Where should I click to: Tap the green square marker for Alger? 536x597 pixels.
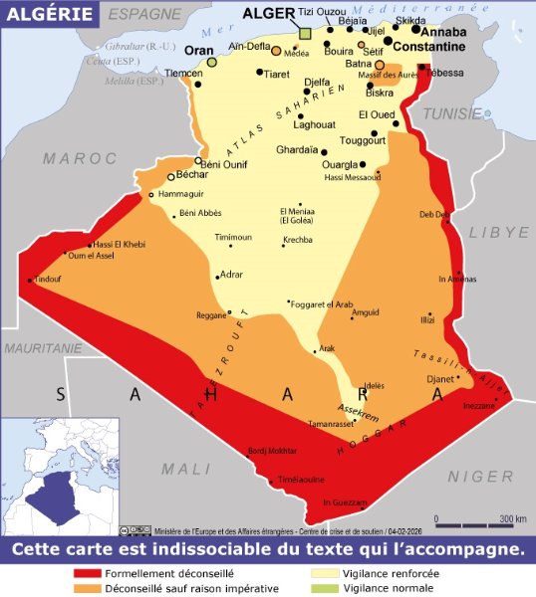306,33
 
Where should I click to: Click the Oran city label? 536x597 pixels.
200,50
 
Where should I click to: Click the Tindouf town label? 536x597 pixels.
48,280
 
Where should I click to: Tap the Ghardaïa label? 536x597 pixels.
297,150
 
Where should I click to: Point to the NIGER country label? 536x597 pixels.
479,477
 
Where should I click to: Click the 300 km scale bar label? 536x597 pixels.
513,519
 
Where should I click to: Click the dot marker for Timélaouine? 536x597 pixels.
272,484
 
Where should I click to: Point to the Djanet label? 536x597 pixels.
439,378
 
